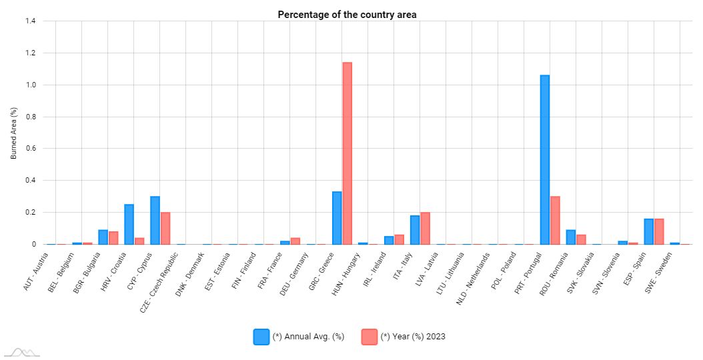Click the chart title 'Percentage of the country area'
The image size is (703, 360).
347,15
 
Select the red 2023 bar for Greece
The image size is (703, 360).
347,153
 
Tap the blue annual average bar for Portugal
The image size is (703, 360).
545,160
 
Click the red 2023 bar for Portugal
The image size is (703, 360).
555,221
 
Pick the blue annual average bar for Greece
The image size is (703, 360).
337,218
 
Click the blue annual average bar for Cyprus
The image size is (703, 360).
155,221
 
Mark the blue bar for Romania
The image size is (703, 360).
571,237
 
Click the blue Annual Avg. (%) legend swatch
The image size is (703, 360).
261,337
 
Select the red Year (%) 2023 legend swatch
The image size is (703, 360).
369,337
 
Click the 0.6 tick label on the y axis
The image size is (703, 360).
30,149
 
